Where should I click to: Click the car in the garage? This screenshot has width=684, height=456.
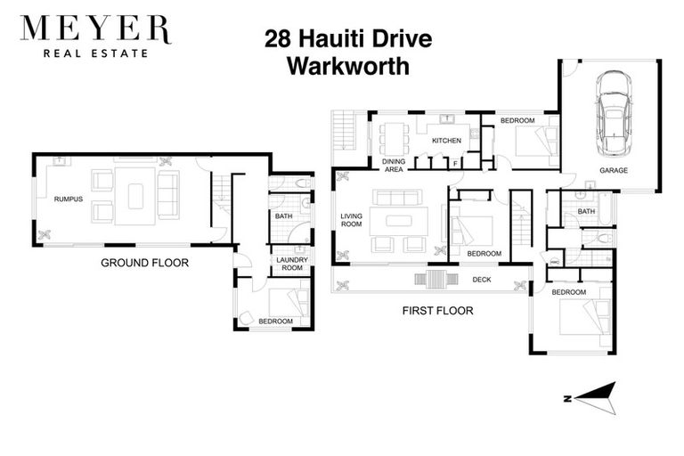pyautogui.click(x=615, y=111)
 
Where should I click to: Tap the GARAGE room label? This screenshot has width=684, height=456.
pyautogui.click(x=613, y=169)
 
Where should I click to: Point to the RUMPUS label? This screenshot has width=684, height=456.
pyautogui.click(x=68, y=199)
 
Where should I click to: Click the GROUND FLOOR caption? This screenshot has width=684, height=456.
pyautogui.click(x=144, y=263)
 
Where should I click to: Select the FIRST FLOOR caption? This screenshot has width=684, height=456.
pyautogui.click(x=436, y=311)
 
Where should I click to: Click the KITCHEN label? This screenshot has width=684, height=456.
pyautogui.click(x=446, y=141)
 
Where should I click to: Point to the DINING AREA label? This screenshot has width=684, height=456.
pyautogui.click(x=394, y=165)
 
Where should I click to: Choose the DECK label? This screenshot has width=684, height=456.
pyautogui.click(x=482, y=279)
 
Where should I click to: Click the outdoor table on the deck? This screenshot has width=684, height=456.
pyautogui.click(x=435, y=280)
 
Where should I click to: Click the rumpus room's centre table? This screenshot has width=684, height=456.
pyautogui.click(x=135, y=195)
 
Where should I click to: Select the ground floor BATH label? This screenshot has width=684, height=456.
pyautogui.click(x=284, y=216)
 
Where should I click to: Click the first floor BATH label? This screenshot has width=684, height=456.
pyautogui.click(x=585, y=211)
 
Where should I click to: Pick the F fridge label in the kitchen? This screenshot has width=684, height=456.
pyautogui.click(x=455, y=164)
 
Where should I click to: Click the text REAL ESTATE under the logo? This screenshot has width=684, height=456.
pyautogui.click(x=95, y=53)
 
